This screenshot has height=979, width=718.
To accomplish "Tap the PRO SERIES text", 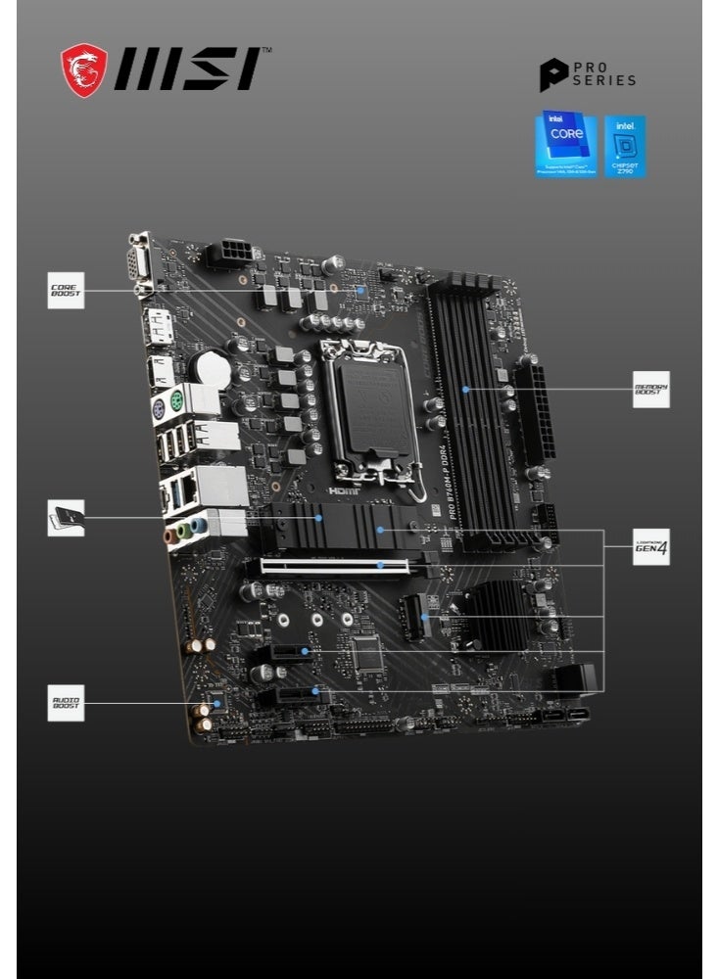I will pos(603,74).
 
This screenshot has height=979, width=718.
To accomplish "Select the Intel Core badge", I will pos(565,145).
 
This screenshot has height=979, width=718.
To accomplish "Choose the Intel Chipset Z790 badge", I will pos(625,146).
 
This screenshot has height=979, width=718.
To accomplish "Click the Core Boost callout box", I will pos(67,291).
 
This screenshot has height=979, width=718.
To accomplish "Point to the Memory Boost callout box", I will pos(650,389).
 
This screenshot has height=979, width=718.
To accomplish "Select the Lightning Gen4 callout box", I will pos(650,547).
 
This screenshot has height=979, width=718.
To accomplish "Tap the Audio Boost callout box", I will pos(67,703).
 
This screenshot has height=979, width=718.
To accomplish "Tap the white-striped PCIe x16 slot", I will pos(348,565).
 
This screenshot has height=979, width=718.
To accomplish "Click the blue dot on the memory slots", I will pos(466,389).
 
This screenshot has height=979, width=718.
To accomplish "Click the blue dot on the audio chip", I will pos(217,703).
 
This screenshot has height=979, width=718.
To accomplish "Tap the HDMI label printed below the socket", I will pos(343,489).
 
